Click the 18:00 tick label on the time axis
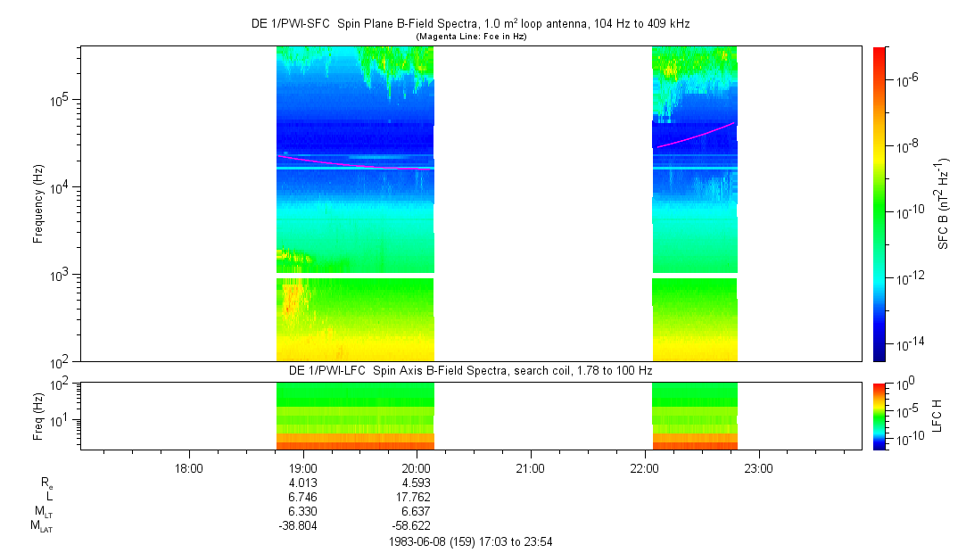(x=189, y=467)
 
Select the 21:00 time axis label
(x=531, y=467)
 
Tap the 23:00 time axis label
(x=758, y=467)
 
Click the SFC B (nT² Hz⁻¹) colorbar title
(x=943, y=203)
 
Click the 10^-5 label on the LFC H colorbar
(x=905, y=409)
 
